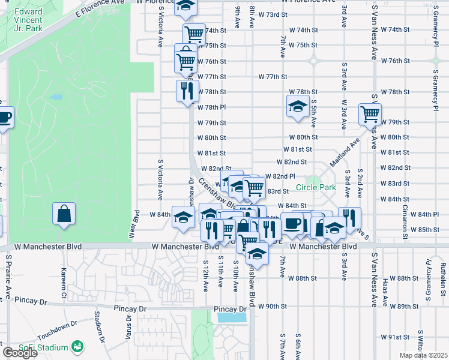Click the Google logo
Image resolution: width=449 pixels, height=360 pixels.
click(x=19, y=353)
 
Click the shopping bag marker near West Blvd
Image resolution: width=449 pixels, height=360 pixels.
click(x=64, y=214)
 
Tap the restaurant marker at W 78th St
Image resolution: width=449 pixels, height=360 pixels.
click(x=187, y=91)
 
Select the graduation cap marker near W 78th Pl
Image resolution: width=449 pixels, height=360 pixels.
click(x=297, y=106)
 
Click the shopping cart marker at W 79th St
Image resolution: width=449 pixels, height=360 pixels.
click(x=370, y=113)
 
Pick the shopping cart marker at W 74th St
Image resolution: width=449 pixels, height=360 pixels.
click(x=193, y=34)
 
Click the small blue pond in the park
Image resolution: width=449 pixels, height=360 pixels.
click(x=55, y=97)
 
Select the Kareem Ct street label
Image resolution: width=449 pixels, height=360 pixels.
click(x=62, y=287)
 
